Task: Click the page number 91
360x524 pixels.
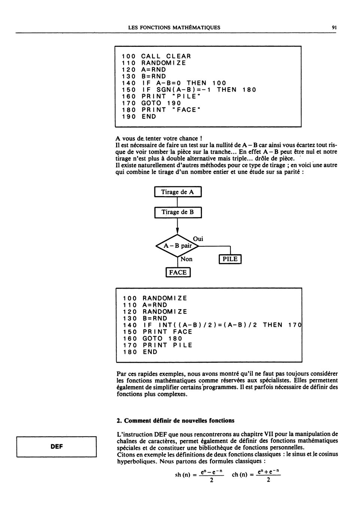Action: coord(334,28)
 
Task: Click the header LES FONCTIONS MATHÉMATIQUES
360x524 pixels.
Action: coord(174,28)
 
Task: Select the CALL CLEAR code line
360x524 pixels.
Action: coord(156,56)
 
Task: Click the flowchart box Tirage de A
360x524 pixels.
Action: coord(178,192)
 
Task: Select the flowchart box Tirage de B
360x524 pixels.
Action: coord(178,213)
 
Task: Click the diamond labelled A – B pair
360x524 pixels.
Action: coord(178,246)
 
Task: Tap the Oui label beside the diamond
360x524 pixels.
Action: coord(198,239)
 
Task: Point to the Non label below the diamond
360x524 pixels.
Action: coord(186,259)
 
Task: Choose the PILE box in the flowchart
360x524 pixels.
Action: coord(230,259)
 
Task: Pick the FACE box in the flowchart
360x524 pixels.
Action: coord(178,272)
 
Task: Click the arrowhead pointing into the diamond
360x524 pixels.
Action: coord(178,231)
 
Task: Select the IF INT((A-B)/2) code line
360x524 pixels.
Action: coord(212,325)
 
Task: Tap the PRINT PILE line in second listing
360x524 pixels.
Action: coord(158,345)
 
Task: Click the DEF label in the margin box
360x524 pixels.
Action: coord(57,447)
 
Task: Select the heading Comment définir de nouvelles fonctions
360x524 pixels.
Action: coord(176,421)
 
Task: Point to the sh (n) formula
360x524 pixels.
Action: coord(199,475)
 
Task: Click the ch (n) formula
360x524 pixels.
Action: coord(256,475)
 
